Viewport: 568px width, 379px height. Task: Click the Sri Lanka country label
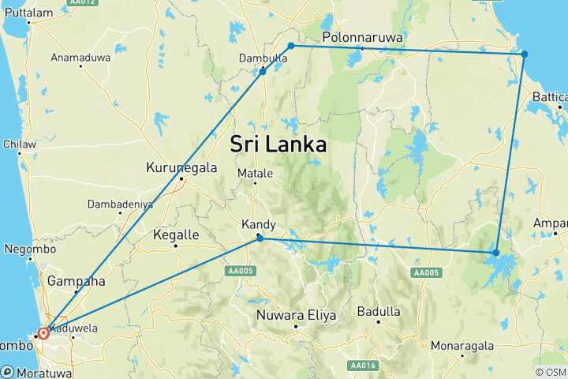tap(278, 144)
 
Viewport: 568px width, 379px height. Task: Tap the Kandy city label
tap(260, 225)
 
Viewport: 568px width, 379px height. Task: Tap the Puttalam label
tap(28, 12)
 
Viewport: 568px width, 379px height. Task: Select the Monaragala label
tap(461, 346)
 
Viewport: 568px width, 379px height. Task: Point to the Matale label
tap(255, 174)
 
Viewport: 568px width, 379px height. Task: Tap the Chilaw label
tap(21, 144)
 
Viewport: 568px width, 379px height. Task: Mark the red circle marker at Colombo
tap(43, 333)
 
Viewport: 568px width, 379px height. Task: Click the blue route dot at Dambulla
tap(263, 72)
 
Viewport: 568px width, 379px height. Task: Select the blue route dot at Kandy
tap(260, 238)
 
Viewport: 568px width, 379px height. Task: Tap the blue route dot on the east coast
tap(525, 54)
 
